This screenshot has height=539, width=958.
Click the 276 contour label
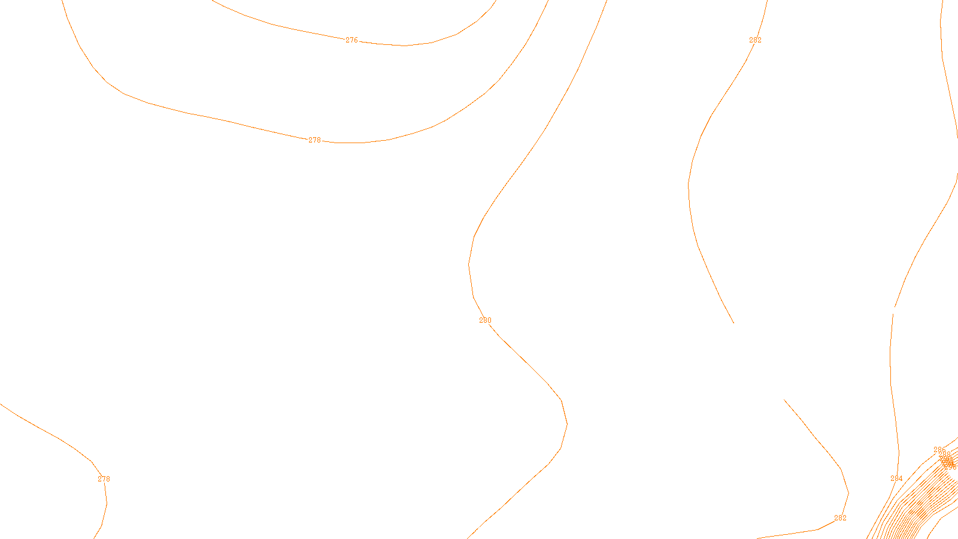tap(351, 40)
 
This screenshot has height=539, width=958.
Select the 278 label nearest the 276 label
tap(314, 140)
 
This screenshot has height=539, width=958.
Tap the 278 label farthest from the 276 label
tap(104, 479)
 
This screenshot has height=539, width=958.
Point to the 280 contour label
tap(485, 320)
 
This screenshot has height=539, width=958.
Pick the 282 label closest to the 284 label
tap(840, 518)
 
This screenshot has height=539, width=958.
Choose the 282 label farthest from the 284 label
tap(755, 40)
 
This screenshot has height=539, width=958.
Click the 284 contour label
tap(896, 479)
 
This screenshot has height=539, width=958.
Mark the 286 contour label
tap(939, 450)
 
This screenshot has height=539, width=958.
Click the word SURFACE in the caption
tap(481, 529)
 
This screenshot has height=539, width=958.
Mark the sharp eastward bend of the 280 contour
tap(566, 424)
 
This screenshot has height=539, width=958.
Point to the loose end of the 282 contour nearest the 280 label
tap(733, 323)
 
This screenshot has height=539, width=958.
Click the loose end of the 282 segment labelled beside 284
tap(784, 399)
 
